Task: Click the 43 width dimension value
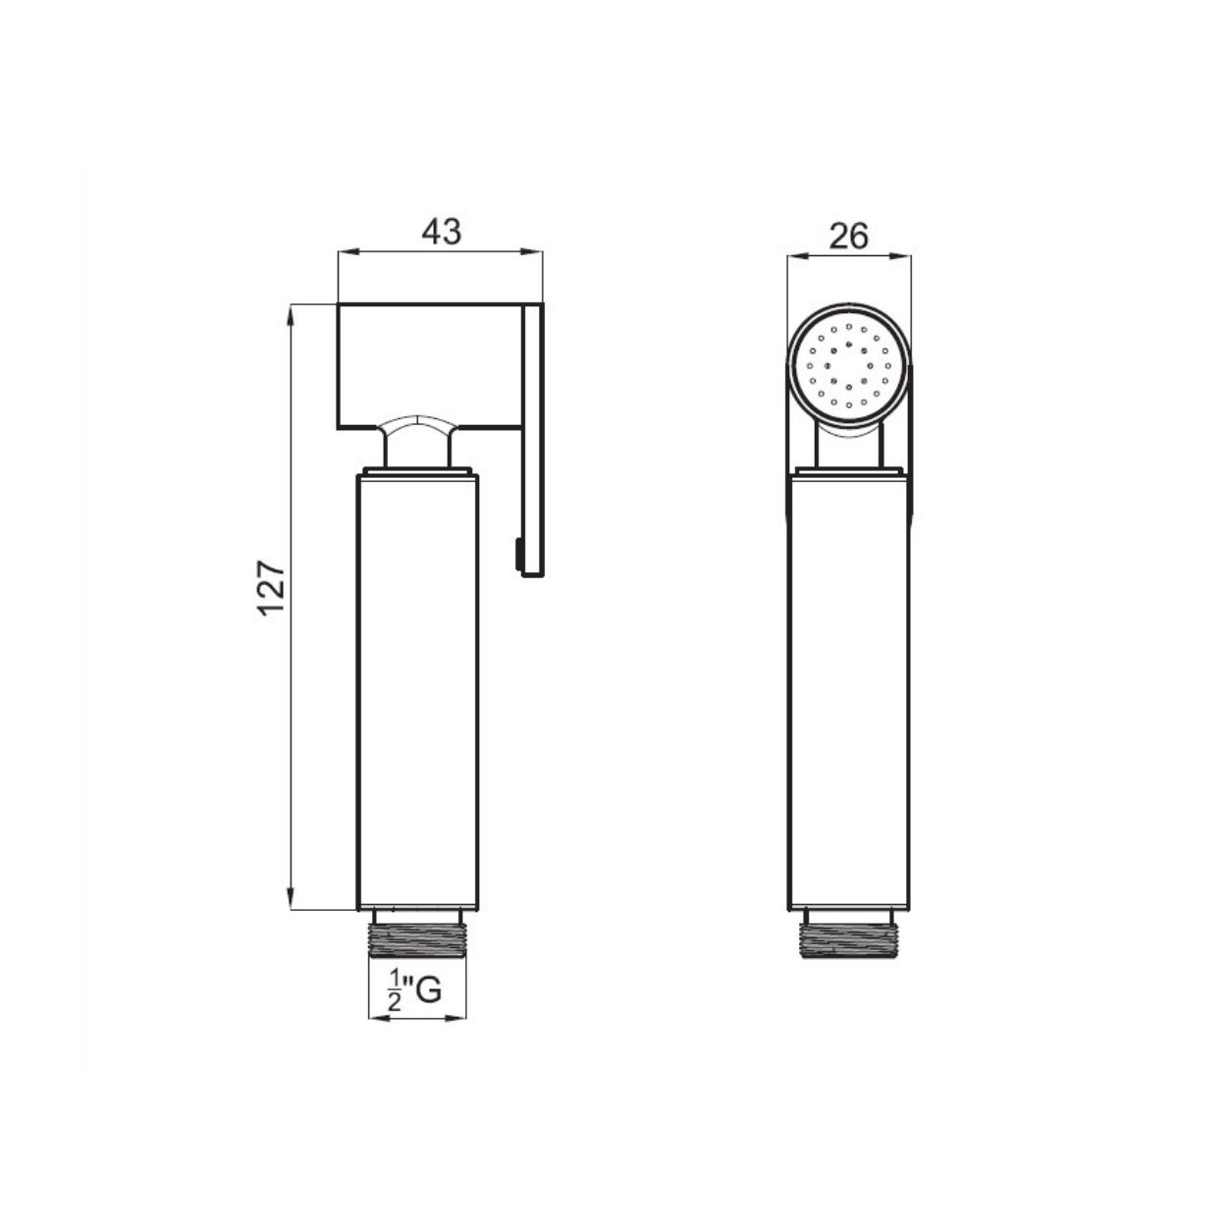(x=441, y=233)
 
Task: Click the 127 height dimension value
(x=271, y=587)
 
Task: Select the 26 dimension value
(x=849, y=237)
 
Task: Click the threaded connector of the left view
(x=418, y=939)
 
